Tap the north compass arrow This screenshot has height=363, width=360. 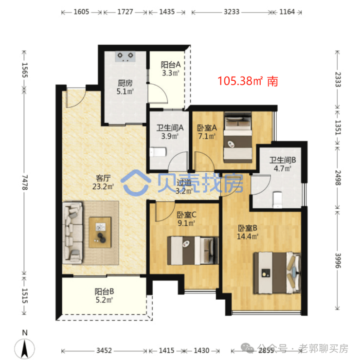tap(24, 349)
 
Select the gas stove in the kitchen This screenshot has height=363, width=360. tap(125, 56)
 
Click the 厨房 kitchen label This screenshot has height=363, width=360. tap(125, 83)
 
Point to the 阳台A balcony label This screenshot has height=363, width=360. tap(171, 65)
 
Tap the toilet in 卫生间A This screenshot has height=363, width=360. tap(158, 152)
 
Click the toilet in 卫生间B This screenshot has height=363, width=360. tap(277, 200)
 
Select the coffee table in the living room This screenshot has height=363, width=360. tap(100, 233)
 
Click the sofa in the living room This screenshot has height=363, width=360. tap(72, 233)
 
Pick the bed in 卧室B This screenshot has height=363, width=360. tap(277, 273)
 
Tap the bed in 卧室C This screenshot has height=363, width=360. tap(193, 251)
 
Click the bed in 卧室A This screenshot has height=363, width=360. tap(238, 138)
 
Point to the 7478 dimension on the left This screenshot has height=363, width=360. tap(24, 182)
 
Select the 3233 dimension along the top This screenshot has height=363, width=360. tap(232, 12)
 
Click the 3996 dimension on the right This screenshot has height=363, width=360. tap(338, 260)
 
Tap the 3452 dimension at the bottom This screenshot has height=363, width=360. tap(104, 350)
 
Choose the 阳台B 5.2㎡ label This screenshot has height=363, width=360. tap(104, 296)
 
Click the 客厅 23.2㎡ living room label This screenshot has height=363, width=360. tap(103, 182)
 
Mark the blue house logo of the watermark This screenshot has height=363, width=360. tap(135, 183)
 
